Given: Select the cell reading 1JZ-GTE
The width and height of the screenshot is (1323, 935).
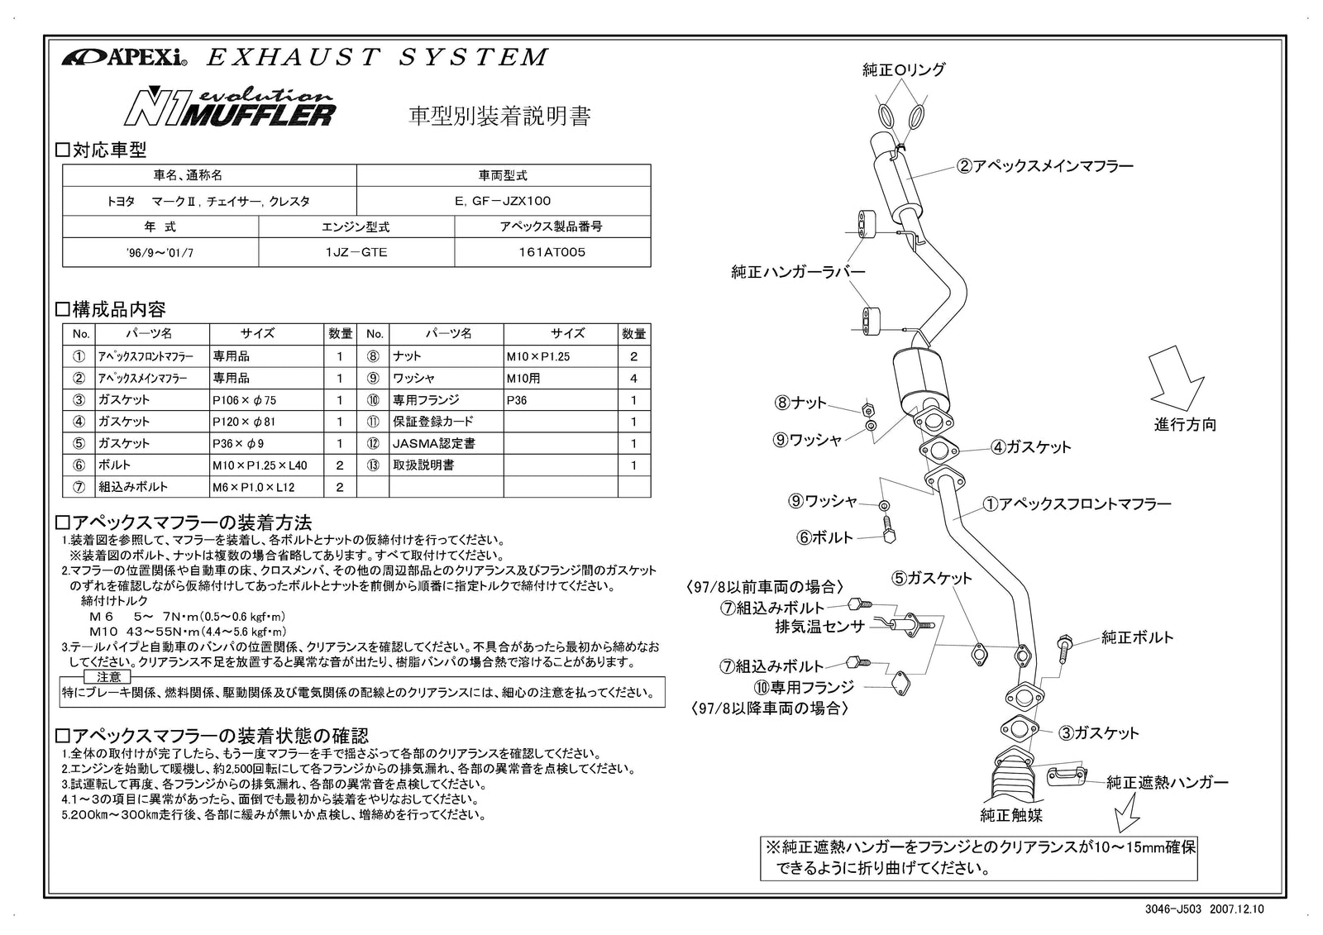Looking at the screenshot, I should coord(356,252).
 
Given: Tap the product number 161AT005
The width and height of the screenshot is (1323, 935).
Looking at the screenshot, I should coord(552,252).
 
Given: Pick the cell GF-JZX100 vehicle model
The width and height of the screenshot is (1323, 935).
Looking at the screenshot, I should coord(503,200).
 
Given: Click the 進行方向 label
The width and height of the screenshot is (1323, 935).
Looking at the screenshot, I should coord(1185,425).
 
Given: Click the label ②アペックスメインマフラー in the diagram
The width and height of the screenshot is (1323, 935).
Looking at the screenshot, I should coord(1044,166).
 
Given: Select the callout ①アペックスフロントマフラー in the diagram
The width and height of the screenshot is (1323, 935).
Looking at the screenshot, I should coord(1077,503).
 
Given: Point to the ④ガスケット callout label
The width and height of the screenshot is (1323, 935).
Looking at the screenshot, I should coord(1031,447).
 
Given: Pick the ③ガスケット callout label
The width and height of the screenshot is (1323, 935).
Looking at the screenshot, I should coord(1099,732).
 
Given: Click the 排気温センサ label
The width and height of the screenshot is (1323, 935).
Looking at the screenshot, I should coord(819,627).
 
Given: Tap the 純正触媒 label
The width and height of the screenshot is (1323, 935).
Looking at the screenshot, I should coord(1010,816).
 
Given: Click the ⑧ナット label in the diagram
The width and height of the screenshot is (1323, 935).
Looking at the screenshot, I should coord(800,403).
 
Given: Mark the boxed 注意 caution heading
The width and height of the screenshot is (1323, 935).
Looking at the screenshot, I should coord(108,677).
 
